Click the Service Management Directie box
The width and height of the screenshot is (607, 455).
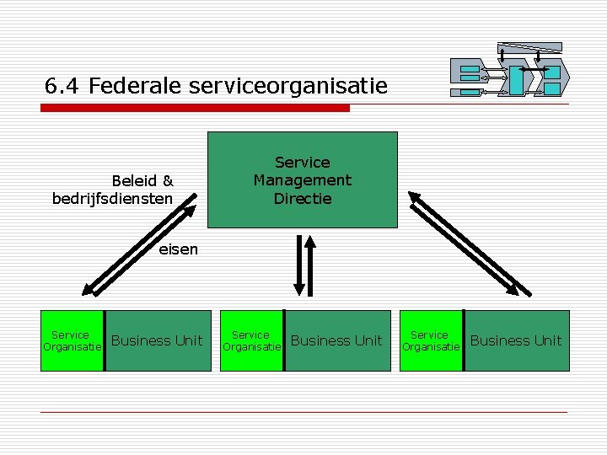tap(302, 179)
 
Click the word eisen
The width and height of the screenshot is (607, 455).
tap(179, 249)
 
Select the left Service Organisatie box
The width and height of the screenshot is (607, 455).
tap(72, 340)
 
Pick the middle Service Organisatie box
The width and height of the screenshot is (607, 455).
tap(250, 340)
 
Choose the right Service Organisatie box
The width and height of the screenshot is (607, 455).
tap(430, 340)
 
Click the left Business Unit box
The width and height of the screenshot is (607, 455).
tap(158, 340)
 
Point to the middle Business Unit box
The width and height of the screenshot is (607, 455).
tap(336, 340)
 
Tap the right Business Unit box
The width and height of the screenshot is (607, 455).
tap(516, 340)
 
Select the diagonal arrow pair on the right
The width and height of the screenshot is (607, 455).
tap(465, 244)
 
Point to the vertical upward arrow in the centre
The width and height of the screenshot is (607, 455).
tap(310, 265)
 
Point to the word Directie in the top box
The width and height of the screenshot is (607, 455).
tap(302, 199)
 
